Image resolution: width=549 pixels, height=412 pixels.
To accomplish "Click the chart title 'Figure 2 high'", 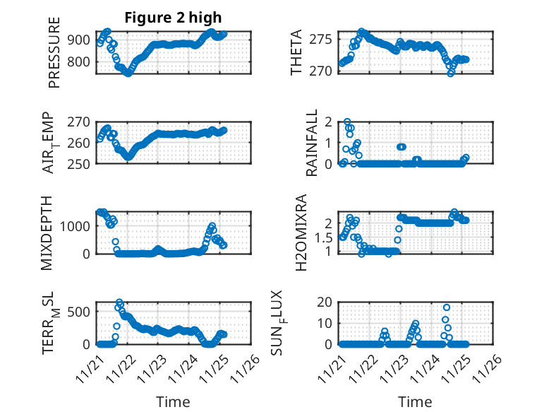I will click(174, 18).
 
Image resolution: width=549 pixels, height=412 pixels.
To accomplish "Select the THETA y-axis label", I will click(296, 52).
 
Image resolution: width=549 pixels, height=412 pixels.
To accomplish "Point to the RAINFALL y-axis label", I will click(311, 143).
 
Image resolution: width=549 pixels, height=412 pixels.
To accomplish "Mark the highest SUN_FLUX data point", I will click(447, 307).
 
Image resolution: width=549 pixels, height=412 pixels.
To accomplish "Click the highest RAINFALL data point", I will click(347, 122).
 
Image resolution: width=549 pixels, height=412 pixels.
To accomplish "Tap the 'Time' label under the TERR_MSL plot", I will click(173, 402).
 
